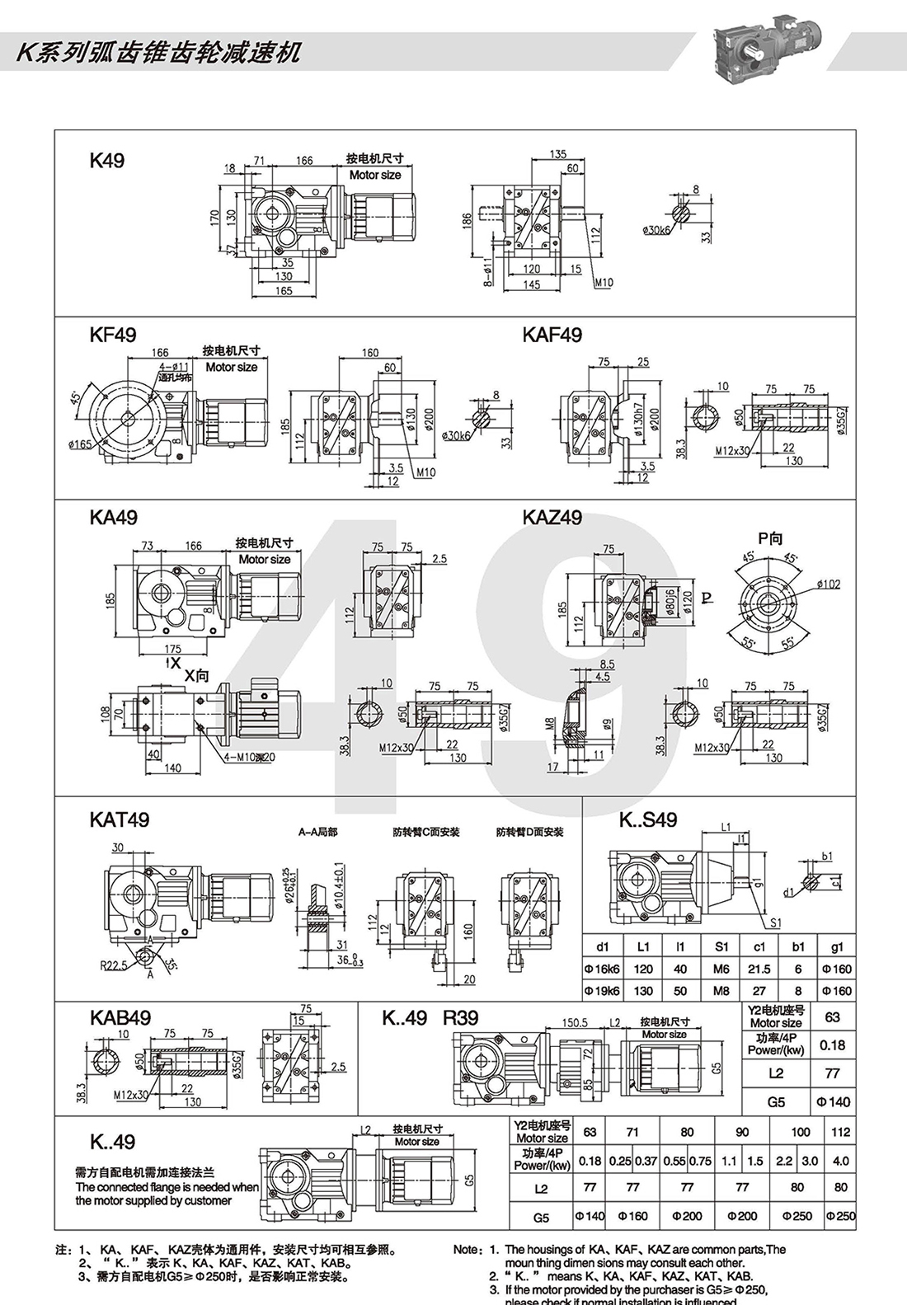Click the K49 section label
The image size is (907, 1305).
(107, 160)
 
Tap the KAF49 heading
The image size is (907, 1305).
(552, 335)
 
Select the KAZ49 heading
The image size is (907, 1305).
(552, 518)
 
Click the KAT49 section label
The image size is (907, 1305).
(120, 819)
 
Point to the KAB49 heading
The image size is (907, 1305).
(120, 1018)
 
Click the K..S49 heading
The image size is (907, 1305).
(648, 819)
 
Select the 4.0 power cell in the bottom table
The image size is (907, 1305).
(840, 1161)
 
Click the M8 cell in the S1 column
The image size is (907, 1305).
(721, 991)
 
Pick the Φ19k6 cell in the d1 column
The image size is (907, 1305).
(602, 991)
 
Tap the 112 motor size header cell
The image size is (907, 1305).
(840, 1132)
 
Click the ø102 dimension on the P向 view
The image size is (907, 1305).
(828, 584)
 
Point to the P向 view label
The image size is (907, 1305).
(770, 539)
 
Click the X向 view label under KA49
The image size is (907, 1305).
(196, 676)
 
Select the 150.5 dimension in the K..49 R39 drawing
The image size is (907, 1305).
(574, 1023)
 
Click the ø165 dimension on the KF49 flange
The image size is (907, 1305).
(82, 445)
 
